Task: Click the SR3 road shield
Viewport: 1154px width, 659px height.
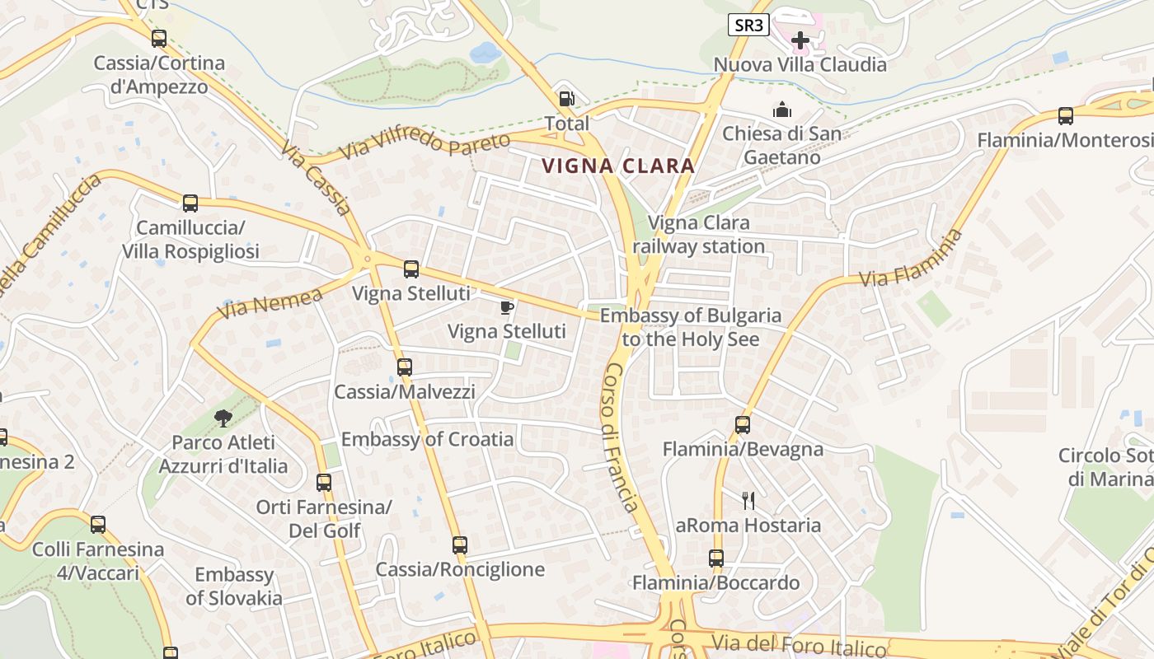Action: (x=748, y=26)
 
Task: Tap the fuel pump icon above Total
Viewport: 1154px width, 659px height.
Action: (x=566, y=99)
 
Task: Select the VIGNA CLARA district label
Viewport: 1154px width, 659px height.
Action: (x=618, y=166)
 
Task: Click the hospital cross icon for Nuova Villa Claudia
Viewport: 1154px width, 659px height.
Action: (x=800, y=40)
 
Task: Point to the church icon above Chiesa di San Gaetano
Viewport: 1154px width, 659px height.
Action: (x=781, y=110)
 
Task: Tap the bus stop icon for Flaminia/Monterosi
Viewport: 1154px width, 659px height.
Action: (x=1065, y=116)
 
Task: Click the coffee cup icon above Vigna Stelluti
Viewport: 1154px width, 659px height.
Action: (x=507, y=308)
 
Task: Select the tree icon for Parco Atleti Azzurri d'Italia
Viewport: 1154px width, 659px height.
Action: (x=223, y=418)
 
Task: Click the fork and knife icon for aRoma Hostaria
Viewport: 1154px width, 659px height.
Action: (x=748, y=500)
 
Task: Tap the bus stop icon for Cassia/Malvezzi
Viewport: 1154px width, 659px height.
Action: (x=404, y=367)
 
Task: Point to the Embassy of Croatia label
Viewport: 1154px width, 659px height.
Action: (x=427, y=439)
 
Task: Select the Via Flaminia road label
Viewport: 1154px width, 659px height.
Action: (x=911, y=259)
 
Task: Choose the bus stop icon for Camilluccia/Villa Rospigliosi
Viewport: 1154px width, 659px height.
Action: (x=190, y=203)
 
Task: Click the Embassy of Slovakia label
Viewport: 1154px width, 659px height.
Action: (x=234, y=587)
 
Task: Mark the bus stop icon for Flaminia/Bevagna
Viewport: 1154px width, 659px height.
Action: (x=743, y=425)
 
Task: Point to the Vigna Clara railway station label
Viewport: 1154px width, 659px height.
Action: (x=699, y=235)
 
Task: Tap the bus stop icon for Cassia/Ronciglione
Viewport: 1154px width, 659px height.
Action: (x=460, y=544)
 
